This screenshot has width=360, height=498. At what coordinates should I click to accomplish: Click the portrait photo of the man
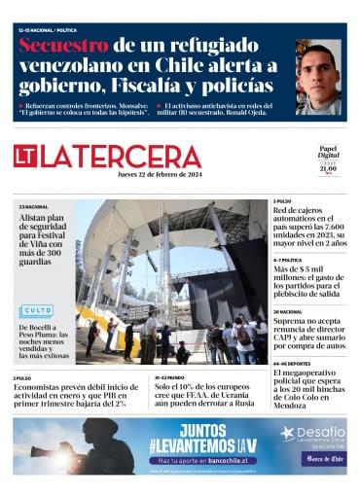(318, 78)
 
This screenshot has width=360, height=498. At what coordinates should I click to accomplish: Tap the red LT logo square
(25, 156)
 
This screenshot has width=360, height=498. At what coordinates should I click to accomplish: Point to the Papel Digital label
(328, 153)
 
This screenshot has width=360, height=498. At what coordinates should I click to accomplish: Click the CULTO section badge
(36, 311)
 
